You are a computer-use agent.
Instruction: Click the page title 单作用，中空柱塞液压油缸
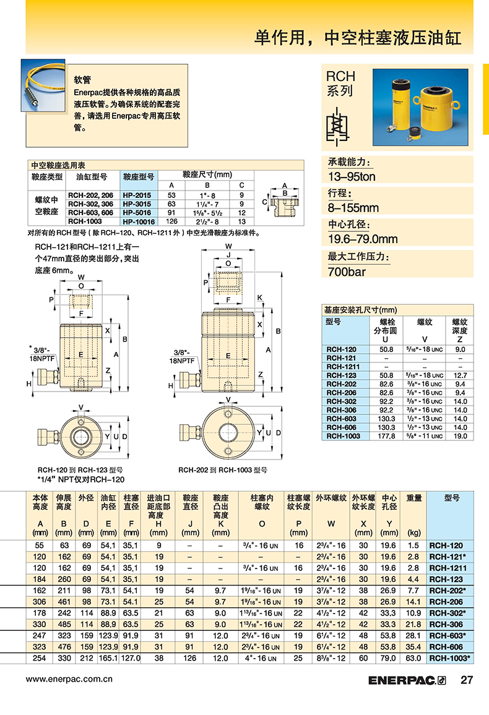[x=358, y=37]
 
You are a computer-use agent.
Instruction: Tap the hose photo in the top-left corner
[x=43, y=85]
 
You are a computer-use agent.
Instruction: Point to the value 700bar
[x=347, y=272]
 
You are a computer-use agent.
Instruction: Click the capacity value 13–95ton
[x=352, y=176]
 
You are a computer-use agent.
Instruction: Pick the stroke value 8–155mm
[x=353, y=208]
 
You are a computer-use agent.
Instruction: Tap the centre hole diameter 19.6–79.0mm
[x=363, y=239]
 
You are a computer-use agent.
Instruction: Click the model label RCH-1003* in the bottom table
[x=449, y=658]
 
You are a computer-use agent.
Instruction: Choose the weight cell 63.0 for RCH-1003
[x=413, y=658]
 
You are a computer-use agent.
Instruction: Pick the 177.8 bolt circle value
[x=386, y=436]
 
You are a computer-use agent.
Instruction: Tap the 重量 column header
[x=413, y=498]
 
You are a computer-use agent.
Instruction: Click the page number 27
[x=467, y=680]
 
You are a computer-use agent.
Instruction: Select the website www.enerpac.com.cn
[x=69, y=679]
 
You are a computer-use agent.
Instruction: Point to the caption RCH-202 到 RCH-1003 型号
[x=223, y=470]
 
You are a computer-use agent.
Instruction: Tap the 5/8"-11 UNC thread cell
[x=424, y=436]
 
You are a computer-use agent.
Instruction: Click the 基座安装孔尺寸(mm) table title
[x=360, y=310]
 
